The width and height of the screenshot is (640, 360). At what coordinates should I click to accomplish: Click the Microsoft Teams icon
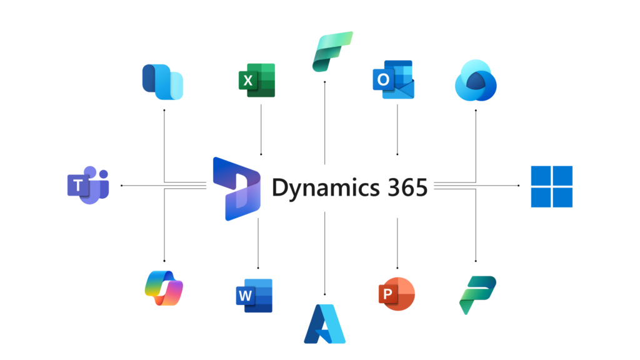pyautogui.click(x=88, y=185)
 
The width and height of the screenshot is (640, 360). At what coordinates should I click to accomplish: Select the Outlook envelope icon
pyautogui.click(x=392, y=79)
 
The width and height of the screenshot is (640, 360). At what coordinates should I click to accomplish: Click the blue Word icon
pyautogui.click(x=254, y=295)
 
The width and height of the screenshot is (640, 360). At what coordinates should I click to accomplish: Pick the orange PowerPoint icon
pyautogui.click(x=396, y=292)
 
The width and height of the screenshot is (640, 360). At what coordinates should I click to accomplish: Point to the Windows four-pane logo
pyautogui.click(x=551, y=186)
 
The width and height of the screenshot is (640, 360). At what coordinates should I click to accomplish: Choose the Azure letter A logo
pyautogui.click(x=324, y=324)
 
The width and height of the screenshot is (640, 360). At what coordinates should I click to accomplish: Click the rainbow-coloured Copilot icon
pyautogui.click(x=163, y=288)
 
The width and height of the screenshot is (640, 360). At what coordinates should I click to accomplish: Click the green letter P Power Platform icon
pyautogui.click(x=477, y=294)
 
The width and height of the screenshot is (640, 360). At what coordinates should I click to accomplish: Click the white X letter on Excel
pyautogui.click(x=248, y=81)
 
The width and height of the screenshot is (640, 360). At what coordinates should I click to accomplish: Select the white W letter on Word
pyautogui.click(x=246, y=296)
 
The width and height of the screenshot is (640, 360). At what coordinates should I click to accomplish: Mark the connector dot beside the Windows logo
pyautogui.click(x=519, y=186)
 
